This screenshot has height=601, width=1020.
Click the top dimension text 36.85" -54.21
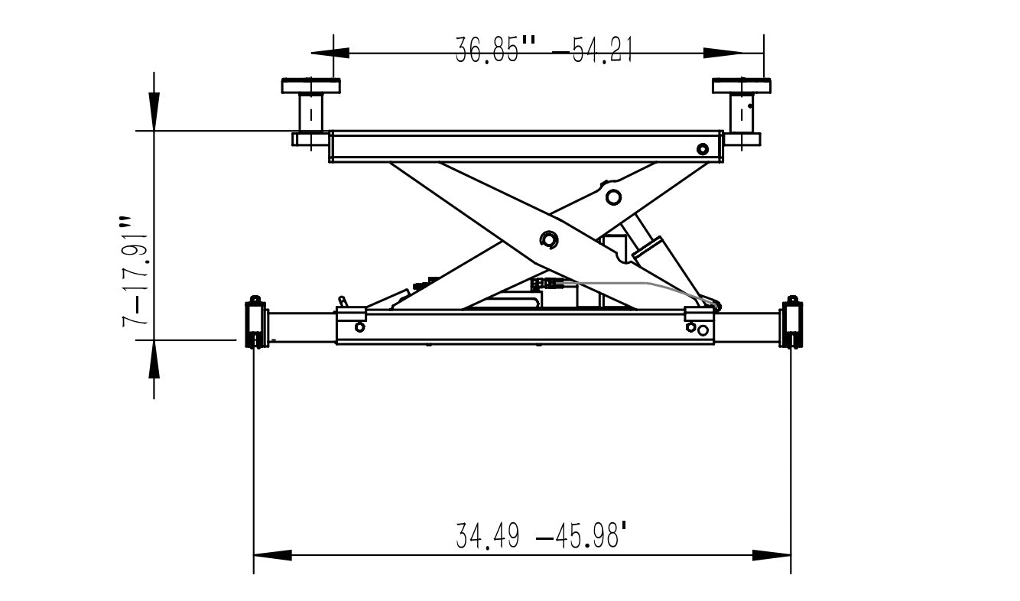point(544,51)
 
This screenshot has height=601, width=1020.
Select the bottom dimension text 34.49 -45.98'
point(543,536)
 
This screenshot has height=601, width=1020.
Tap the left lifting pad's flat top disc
point(310,85)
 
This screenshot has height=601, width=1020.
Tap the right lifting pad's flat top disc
point(741,85)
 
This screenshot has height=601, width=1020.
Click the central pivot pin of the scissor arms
point(548,240)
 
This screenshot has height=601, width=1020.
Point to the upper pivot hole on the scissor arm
point(612,197)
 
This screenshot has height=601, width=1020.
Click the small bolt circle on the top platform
point(703,148)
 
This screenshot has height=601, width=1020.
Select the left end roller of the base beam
point(255,323)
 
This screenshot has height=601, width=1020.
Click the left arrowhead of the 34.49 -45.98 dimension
point(272,555)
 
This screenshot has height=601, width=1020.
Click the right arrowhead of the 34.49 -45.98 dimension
point(771,555)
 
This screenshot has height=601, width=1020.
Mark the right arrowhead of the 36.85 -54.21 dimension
point(723,53)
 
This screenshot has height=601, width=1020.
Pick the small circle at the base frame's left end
point(359,327)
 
